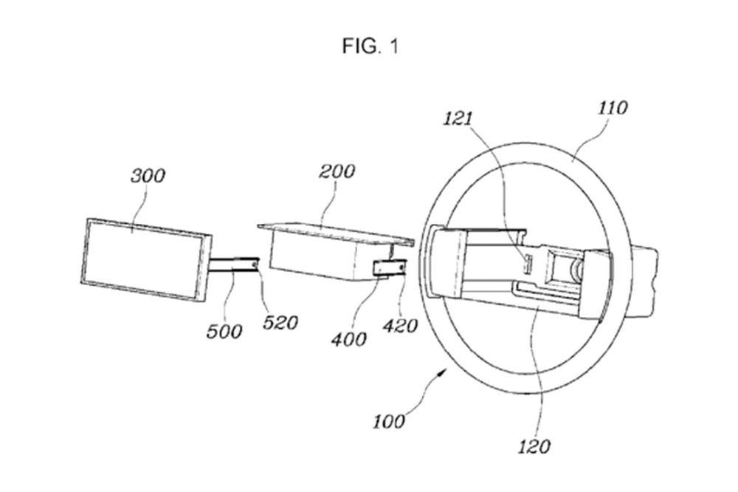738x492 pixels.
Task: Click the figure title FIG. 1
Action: point(370,47)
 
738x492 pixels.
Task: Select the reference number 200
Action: point(337,171)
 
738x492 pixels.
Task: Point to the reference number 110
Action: point(611,108)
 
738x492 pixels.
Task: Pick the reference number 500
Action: point(224,330)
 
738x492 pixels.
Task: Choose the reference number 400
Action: point(349,339)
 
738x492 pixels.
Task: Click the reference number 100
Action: point(389,421)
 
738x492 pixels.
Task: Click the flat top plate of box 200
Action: point(332,230)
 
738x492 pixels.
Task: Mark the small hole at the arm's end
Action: point(255,261)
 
